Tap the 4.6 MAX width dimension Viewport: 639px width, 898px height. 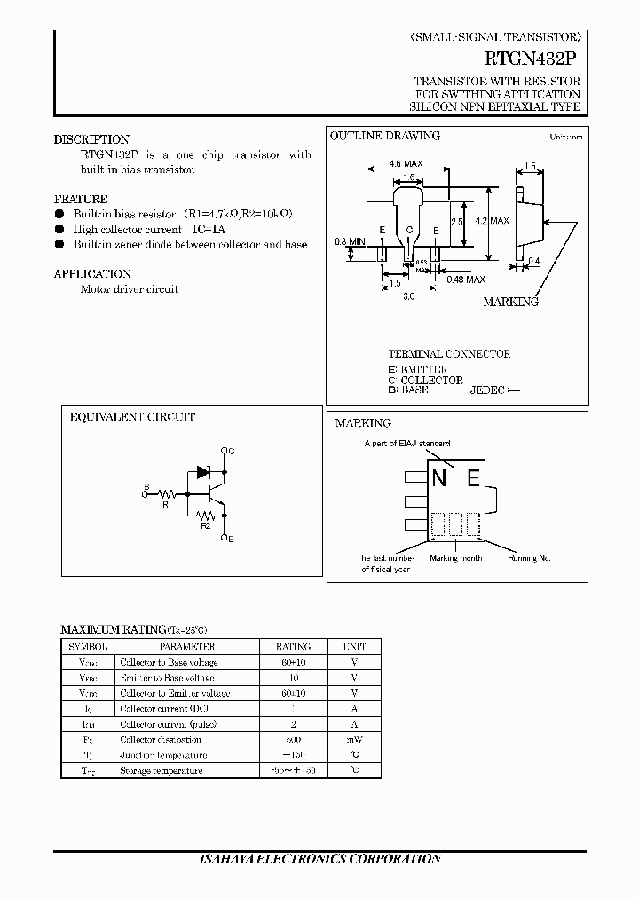[x=406, y=164]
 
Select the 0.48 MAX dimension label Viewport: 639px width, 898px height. [x=466, y=280]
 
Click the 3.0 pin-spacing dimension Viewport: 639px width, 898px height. [x=408, y=297]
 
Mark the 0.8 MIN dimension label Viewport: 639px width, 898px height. [x=350, y=241]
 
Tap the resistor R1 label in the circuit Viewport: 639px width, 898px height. [x=166, y=504]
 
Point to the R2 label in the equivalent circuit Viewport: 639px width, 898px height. [x=205, y=526]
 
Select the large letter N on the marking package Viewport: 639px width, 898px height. [x=439, y=479]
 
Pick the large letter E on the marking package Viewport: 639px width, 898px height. [x=473, y=479]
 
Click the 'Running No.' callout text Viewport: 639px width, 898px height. [x=529, y=558]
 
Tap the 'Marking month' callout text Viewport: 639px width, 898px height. [x=455, y=558]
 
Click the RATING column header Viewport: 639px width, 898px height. [x=294, y=647]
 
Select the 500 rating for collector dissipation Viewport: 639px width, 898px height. [x=294, y=739]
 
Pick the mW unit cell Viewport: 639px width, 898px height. [x=354, y=739]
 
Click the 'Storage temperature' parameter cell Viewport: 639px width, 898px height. [x=162, y=770]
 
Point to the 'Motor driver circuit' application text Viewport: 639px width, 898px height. [x=130, y=289]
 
